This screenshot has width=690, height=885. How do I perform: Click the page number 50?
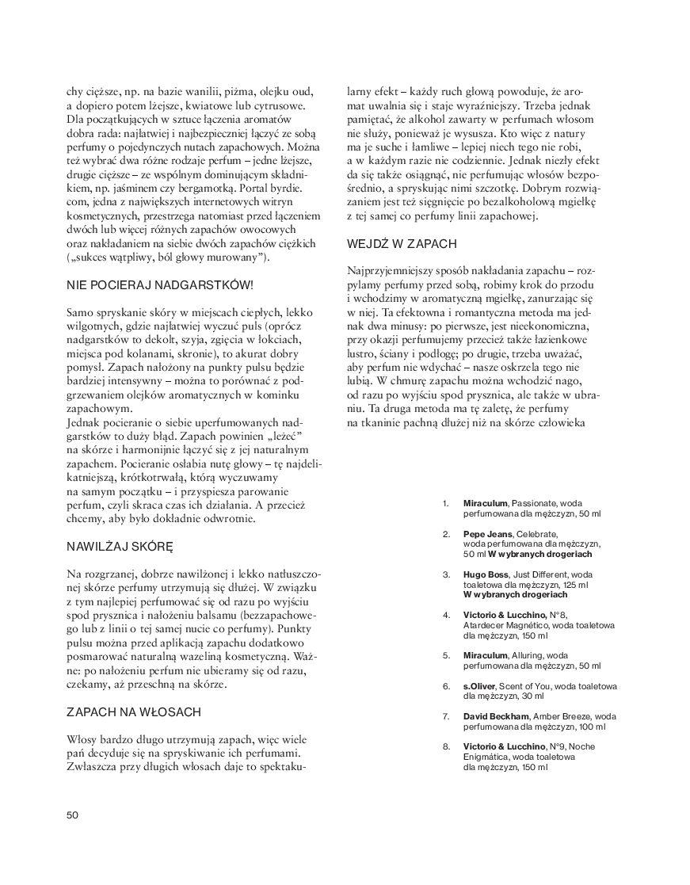72,814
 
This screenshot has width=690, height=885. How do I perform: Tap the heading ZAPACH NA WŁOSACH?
134,712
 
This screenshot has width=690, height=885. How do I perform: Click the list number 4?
446,614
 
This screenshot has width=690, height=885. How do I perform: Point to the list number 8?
446,746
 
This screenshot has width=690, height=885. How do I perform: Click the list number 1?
446,503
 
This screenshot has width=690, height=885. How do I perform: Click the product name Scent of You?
533,686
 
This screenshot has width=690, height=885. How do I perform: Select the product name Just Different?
541,573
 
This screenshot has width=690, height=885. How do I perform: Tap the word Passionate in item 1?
536,503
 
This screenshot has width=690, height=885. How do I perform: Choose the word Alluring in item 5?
528,655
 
